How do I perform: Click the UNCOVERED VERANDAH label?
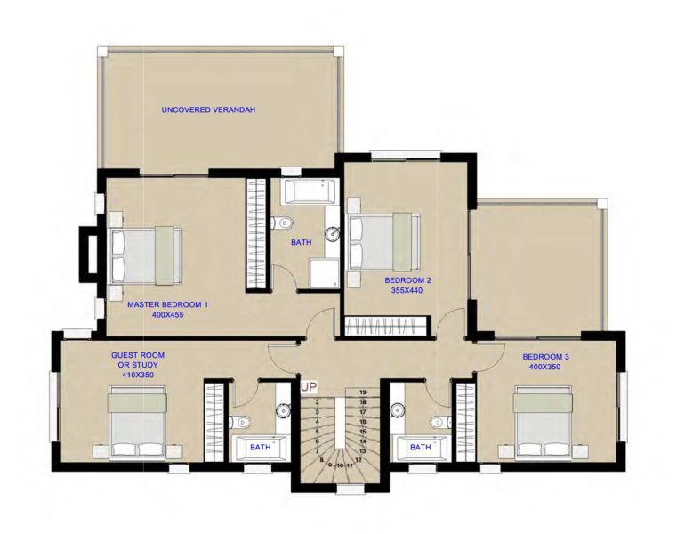(x=208, y=109)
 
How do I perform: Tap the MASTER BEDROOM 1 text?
(x=167, y=304)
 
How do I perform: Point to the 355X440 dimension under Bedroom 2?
(x=408, y=289)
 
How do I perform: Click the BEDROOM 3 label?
(x=548, y=356)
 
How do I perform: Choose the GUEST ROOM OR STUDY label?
(x=137, y=364)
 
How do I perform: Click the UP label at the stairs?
(x=309, y=387)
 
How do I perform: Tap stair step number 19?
(x=362, y=392)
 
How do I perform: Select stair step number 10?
(x=340, y=465)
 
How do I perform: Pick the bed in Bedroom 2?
(x=383, y=241)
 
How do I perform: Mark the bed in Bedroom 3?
(x=542, y=424)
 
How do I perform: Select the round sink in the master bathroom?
(x=331, y=235)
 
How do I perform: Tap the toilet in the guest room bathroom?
(x=241, y=422)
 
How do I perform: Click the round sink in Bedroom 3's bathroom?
(x=397, y=410)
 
